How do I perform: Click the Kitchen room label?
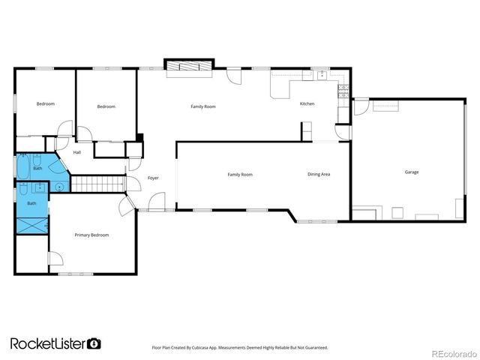(307, 103)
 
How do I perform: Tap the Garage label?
(412, 172)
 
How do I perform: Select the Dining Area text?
(319, 175)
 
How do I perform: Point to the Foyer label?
(153, 178)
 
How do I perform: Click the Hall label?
(77, 153)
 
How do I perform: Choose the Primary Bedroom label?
(91, 235)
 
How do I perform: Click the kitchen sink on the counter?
(321, 74)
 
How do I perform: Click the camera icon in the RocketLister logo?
(94, 343)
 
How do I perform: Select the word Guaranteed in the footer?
(313, 348)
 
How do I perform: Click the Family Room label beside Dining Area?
(240, 175)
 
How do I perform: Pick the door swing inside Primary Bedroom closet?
(54, 259)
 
